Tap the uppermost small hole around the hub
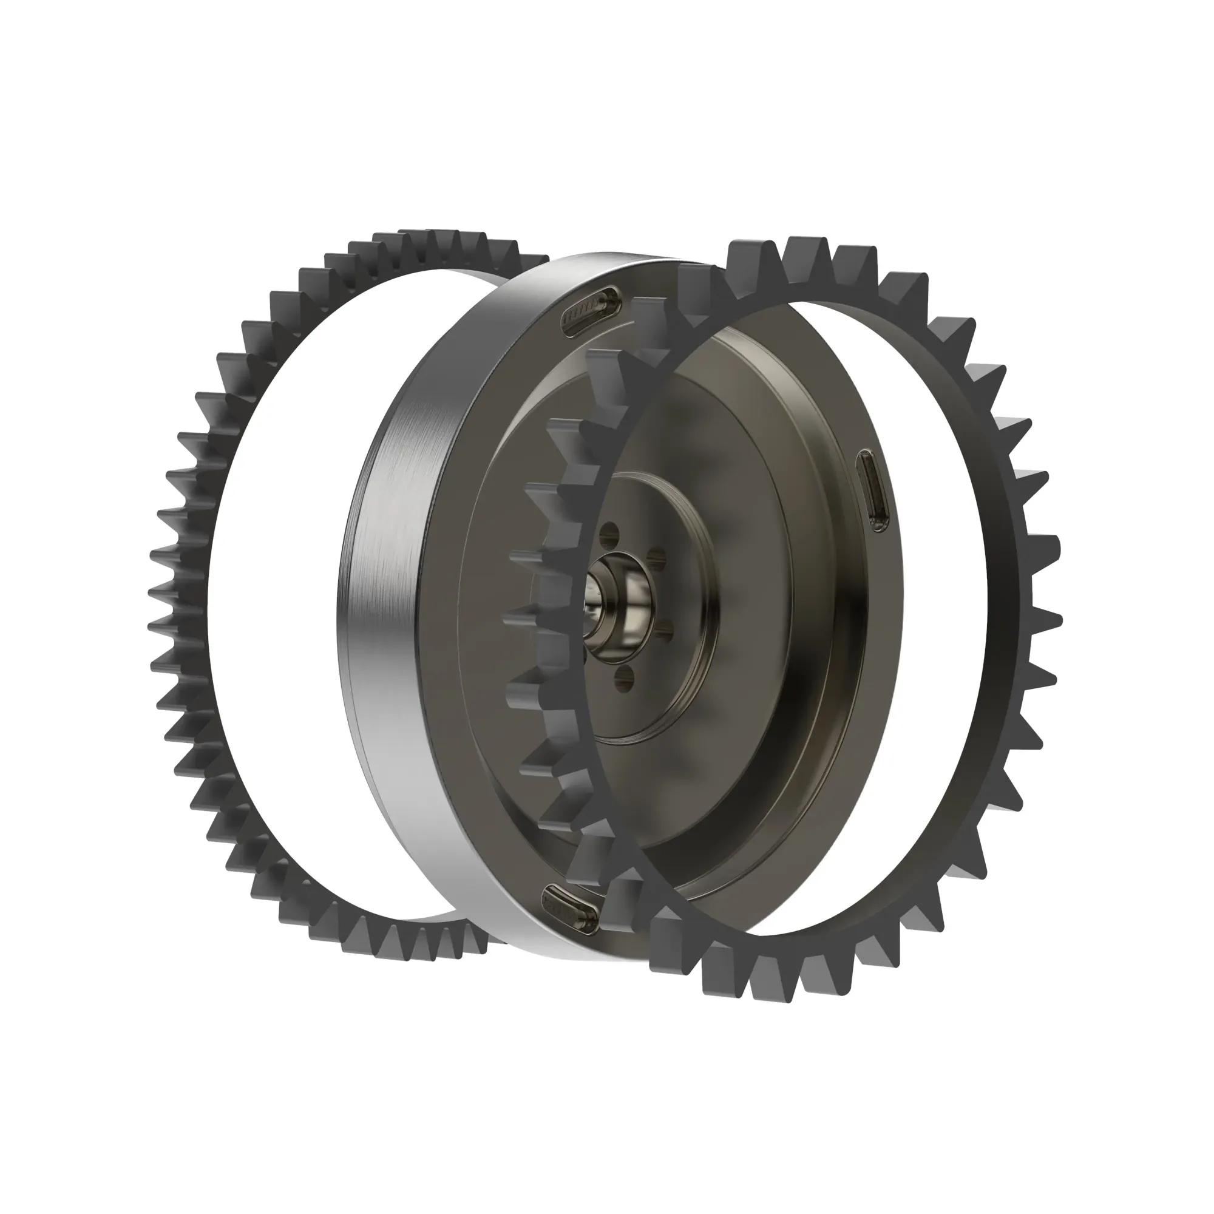pos(607,538)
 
